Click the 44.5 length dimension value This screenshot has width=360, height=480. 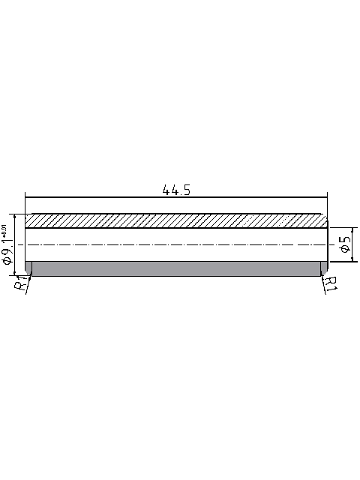176,190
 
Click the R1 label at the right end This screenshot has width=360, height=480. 331,283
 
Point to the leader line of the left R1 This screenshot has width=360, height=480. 28,283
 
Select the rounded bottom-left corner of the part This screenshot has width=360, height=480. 27,273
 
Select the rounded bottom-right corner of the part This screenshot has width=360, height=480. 325,273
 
